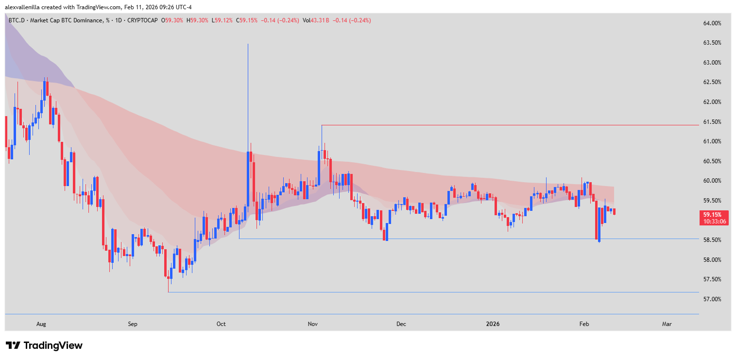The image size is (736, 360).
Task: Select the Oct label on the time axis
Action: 221,324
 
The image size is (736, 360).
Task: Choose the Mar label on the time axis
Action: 667,324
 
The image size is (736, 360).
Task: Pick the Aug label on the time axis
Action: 41,324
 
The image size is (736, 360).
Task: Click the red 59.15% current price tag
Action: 713,214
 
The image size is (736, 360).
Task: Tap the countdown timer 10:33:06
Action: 713,221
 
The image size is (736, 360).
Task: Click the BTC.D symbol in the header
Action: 18,20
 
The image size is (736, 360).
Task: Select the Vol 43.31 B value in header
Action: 315,20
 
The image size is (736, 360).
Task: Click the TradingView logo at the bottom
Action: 44,345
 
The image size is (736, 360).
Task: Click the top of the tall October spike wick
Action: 248,44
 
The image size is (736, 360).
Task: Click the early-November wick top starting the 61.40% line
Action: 322,126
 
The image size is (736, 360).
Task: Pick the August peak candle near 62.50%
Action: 45,90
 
